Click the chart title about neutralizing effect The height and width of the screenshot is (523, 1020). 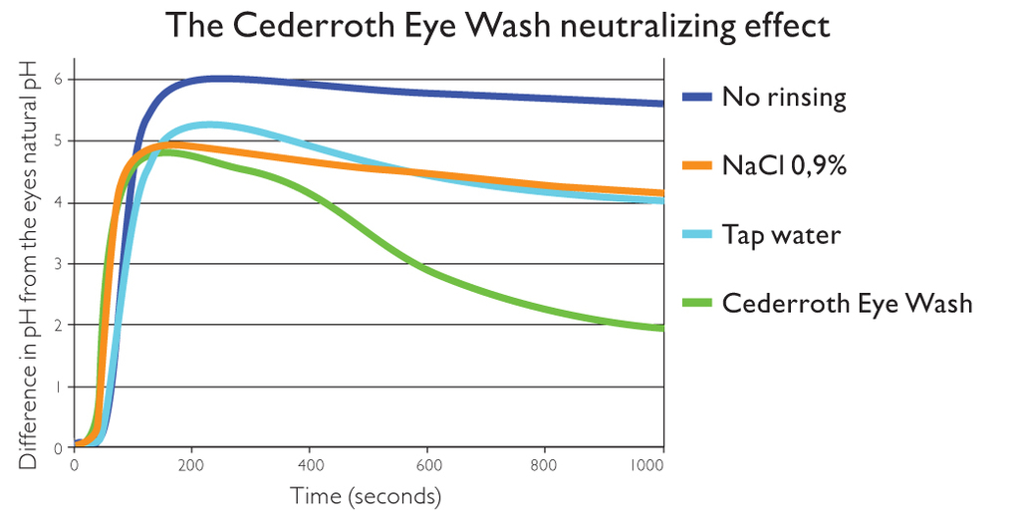coord(497,25)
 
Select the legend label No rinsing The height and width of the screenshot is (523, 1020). coord(784,98)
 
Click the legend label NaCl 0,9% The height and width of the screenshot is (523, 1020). coord(784,166)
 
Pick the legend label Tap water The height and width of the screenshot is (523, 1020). coord(782,235)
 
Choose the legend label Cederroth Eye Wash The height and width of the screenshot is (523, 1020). coord(847,303)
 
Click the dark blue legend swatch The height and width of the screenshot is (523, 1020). coord(696,98)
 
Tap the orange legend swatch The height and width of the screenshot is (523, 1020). coord(696,166)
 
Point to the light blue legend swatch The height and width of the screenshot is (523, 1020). coord(696,235)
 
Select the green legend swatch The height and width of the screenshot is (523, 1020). coord(696,303)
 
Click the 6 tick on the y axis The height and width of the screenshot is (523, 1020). coord(59,80)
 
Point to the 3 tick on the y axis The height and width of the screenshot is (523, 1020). coord(59,264)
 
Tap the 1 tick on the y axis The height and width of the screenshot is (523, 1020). coord(59,387)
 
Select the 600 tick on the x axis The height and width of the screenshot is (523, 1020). coord(427,464)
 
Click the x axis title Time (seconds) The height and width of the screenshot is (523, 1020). coord(366,495)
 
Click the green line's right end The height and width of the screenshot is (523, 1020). coord(660,328)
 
